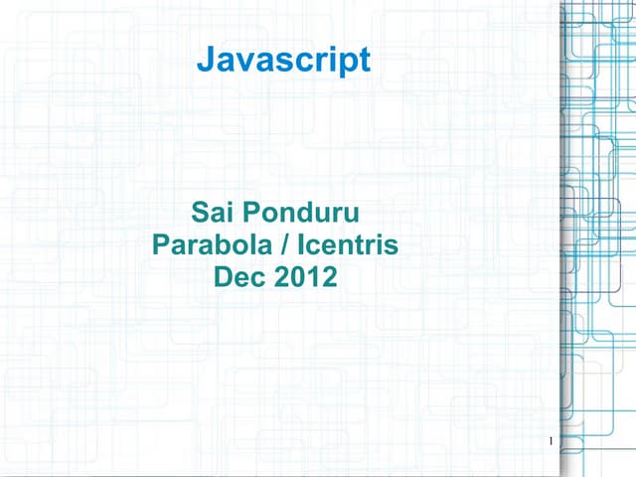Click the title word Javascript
click(x=283, y=62)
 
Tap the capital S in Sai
click(x=199, y=212)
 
